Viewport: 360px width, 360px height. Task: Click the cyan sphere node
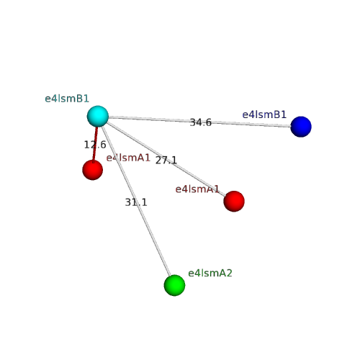tap(98, 116)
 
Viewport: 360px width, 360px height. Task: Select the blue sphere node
tap(301, 127)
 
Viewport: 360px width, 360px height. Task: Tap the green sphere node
tap(174, 285)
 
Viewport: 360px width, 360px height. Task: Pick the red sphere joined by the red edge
tap(93, 170)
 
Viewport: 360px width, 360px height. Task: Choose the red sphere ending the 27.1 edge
tap(234, 202)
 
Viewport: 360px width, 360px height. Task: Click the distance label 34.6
tap(201, 122)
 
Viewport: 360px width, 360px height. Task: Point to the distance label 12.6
tap(95, 145)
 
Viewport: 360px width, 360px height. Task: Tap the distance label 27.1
tap(166, 161)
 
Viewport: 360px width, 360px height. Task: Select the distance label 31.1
tap(136, 202)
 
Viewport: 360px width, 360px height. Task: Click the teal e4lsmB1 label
tap(67, 99)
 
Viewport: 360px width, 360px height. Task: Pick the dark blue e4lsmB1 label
tap(264, 114)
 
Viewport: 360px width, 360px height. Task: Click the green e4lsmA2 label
tap(210, 273)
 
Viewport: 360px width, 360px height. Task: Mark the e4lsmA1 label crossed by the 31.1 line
tap(128, 158)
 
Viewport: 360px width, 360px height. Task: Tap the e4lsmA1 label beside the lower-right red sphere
tap(197, 189)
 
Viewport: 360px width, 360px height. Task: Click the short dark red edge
tap(95, 145)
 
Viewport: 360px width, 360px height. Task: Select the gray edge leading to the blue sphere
tap(199, 122)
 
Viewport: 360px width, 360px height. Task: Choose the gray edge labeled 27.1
tap(166, 158)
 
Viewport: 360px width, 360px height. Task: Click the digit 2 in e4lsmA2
tap(229, 273)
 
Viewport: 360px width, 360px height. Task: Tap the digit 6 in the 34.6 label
tap(209, 122)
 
